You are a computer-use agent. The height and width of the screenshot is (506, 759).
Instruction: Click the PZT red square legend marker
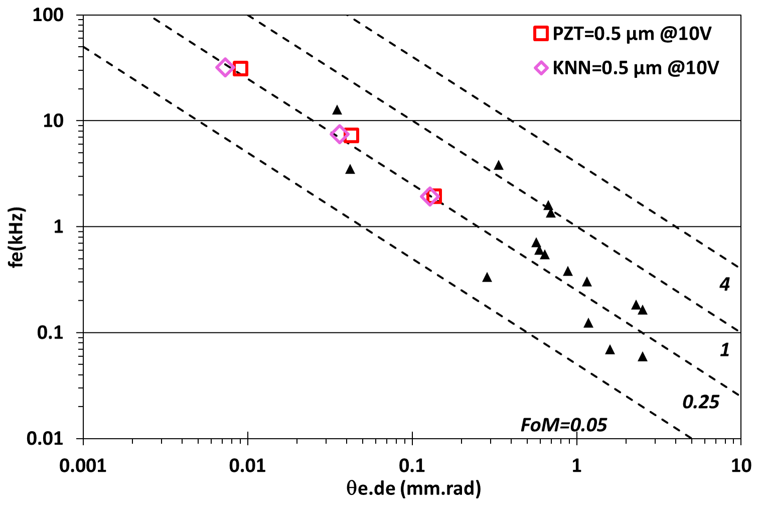pos(541,34)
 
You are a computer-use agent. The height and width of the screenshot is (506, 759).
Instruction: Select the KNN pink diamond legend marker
pos(541,68)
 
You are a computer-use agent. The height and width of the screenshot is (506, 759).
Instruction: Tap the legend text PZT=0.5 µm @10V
pos(632,34)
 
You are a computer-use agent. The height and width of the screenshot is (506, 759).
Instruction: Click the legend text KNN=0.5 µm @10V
pos(636,68)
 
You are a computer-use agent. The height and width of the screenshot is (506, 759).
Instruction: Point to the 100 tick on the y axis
pos(48,15)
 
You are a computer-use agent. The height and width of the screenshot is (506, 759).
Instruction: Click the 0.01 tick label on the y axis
pos(45,438)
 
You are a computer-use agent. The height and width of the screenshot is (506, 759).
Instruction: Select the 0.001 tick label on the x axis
pos(83,466)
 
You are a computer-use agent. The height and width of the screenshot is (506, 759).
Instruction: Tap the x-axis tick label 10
pos(740,466)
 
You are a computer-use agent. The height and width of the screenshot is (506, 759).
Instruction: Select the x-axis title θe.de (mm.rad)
pos(413,488)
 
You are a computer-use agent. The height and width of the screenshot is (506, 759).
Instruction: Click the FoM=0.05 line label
pos(563,425)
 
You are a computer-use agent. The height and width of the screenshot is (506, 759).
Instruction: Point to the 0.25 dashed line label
pos(701,402)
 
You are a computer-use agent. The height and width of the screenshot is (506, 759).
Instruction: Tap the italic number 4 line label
pos(724,285)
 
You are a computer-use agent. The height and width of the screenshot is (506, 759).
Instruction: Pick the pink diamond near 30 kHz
pos(225,67)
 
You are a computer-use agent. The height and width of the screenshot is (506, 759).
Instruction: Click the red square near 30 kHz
pos(240,68)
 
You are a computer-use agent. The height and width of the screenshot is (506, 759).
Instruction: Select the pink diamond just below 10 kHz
pos(340,134)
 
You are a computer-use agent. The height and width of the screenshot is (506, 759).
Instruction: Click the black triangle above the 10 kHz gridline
pos(337,110)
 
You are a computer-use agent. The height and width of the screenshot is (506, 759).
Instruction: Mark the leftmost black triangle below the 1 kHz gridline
pos(487,277)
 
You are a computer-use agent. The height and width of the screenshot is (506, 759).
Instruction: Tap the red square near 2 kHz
pos(435,196)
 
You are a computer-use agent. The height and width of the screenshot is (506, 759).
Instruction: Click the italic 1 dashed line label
pos(724,350)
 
